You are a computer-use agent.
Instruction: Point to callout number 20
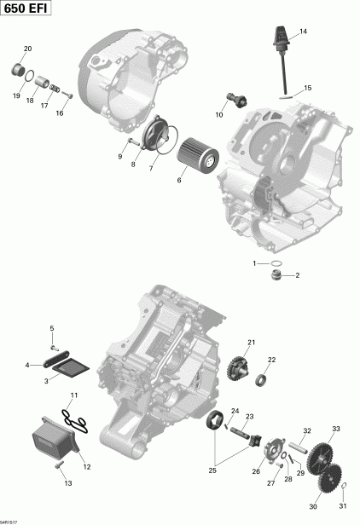[x=26, y=49]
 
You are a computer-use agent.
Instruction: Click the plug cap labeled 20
[x=16, y=68]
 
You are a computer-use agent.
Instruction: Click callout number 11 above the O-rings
[x=73, y=395]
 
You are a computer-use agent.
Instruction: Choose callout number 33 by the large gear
[x=336, y=429]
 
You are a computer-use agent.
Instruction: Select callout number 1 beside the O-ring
[x=254, y=264]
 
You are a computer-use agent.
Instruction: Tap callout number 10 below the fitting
[x=219, y=113]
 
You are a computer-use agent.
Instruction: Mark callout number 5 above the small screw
[x=51, y=328]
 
